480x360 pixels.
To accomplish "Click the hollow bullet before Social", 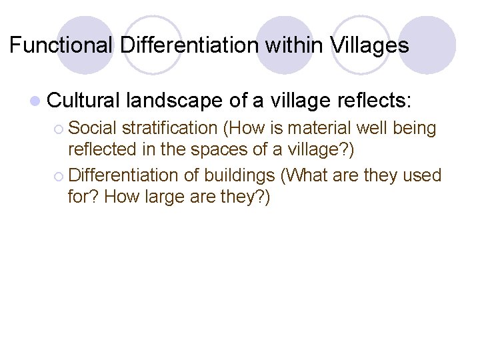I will coord(57,128).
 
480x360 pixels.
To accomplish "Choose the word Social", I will coord(93,127).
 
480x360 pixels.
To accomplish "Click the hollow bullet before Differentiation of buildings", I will coord(57,176).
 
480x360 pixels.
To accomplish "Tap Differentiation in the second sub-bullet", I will coord(124,175).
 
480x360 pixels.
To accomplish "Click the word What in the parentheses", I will coord(307,175).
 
